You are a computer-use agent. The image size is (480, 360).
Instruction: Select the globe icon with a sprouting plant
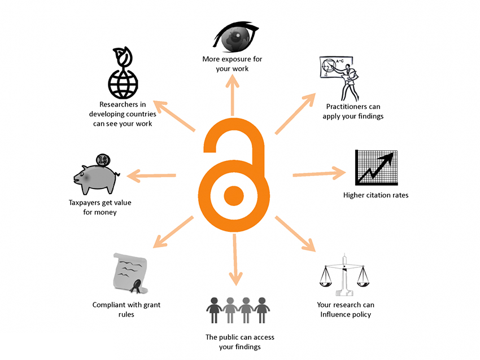click(x=123, y=76)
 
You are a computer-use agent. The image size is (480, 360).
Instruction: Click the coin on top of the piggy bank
click(x=103, y=160)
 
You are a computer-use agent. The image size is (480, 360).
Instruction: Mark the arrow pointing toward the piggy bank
click(x=151, y=175)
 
